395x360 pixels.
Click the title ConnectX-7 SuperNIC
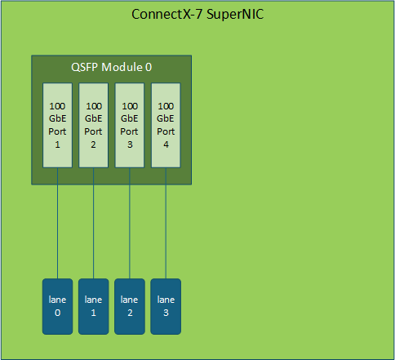197,14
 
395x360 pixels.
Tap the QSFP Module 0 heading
111,67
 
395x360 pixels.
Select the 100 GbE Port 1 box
57,125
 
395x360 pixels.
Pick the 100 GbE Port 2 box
93,125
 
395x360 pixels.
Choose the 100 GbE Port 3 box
130,125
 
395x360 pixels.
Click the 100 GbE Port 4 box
166,125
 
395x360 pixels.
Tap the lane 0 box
57,306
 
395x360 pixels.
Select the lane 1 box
93,306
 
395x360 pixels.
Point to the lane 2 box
130,306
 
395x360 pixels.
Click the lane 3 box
166,306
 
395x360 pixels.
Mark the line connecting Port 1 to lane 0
57,223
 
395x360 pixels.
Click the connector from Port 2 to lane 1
93,223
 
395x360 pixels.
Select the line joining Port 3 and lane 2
130,223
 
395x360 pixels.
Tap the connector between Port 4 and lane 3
166,223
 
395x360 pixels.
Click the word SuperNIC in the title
235,15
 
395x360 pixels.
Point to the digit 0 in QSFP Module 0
149,67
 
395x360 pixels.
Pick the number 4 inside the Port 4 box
166,144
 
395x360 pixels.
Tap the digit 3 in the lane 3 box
166,313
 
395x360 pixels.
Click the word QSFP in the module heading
84,68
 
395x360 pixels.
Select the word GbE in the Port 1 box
57,118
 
